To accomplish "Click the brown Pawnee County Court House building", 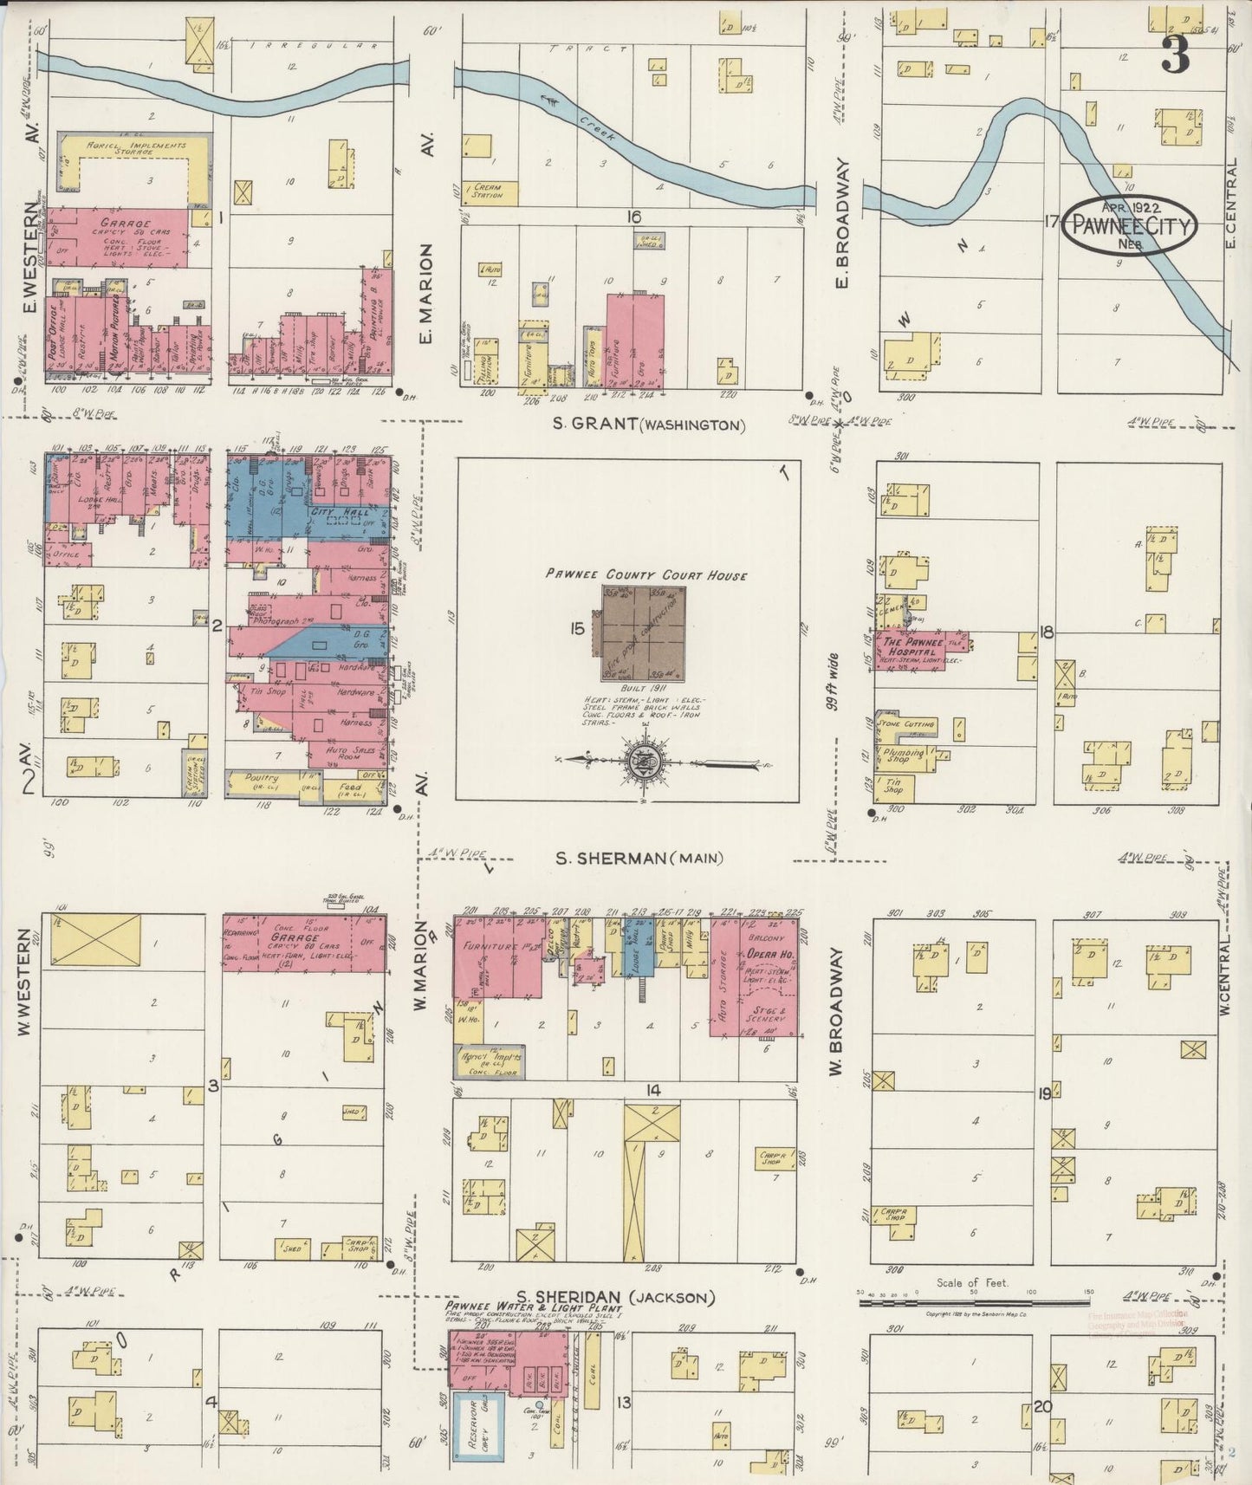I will tap(640, 633).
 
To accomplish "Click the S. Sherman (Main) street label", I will tap(639, 859).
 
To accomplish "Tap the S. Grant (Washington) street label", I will tap(650, 425).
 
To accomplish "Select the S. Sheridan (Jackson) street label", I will tap(623, 1297).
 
